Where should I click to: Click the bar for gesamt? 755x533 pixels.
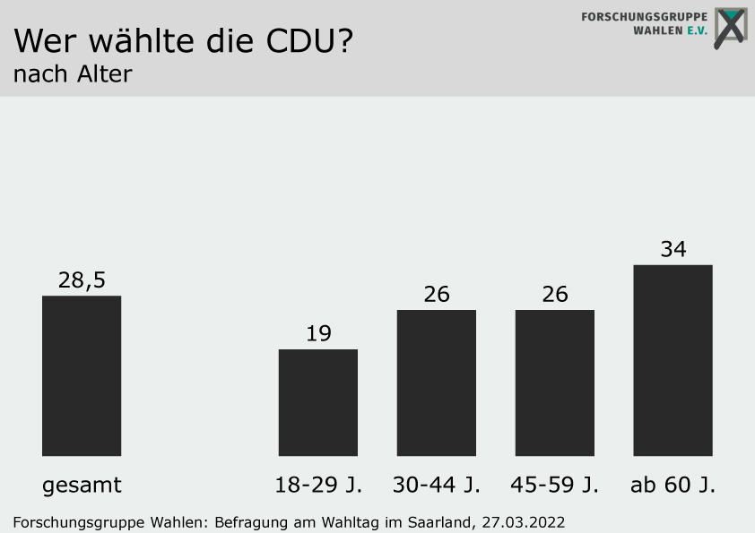[x=82, y=375]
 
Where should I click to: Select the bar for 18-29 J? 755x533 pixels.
[x=318, y=402]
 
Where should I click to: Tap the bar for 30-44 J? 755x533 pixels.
[x=437, y=383]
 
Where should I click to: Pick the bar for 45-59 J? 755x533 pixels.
[x=555, y=383]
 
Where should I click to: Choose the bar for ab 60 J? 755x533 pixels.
[x=673, y=360]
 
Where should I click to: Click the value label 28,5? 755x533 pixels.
[x=82, y=280]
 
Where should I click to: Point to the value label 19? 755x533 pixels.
[x=318, y=334]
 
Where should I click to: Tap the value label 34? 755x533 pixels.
[x=673, y=249]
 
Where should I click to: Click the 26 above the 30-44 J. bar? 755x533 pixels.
[x=437, y=294]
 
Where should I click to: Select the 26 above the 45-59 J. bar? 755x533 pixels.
[x=555, y=294]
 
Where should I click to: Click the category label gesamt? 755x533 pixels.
[x=82, y=486]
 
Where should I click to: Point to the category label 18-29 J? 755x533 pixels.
[x=318, y=486]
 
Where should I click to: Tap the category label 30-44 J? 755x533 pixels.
[x=437, y=486]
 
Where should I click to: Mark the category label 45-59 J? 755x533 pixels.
[x=555, y=486]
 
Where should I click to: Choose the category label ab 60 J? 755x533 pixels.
[x=673, y=486]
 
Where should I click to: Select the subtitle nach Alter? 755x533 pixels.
[x=72, y=74]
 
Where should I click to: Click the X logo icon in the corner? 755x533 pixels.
[x=730, y=28]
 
